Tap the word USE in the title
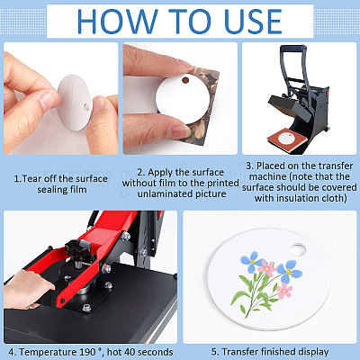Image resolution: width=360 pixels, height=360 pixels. [253, 21]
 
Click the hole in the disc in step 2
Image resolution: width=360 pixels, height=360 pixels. [185, 80]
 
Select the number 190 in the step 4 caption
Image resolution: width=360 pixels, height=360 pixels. [87, 352]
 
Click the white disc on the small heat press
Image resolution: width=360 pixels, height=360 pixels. [287, 139]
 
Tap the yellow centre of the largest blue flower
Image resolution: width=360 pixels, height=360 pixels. [289, 273]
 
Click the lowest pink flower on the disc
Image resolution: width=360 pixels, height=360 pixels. [284, 291]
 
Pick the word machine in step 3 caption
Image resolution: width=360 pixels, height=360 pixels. [265, 176]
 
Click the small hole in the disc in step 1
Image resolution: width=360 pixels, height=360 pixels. [86, 106]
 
